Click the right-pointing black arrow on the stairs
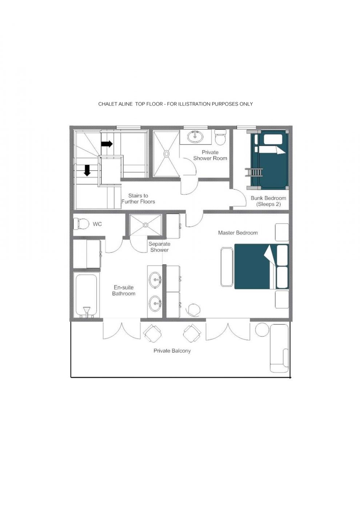pyautogui.click(x=107, y=144)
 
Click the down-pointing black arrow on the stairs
pyautogui.click(x=87, y=170)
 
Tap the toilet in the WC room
pyautogui.click(x=81, y=224)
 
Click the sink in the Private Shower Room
pyautogui.click(x=196, y=137)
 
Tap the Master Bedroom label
pyautogui.click(x=238, y=233)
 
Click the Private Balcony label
pyautogui.click(x=172, y=351)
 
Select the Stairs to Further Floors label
pyautogui.click(x=138, y=199)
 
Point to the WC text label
pyautogui.click(x=97, y=224)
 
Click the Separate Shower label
pyautogui.click(x=159, y=247)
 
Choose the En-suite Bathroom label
pyautogui.click(x=124, y=290)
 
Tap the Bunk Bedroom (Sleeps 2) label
pyautogui.click(x=268, y=201)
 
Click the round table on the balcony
pyautogui.click(x=262, y=329)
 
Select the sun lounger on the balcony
pyautogui.click(x=279, y=348)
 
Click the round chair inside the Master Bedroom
pyautogui.click(x=193, y=310)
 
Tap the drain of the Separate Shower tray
pyautogui.click(x=145, y=225)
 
